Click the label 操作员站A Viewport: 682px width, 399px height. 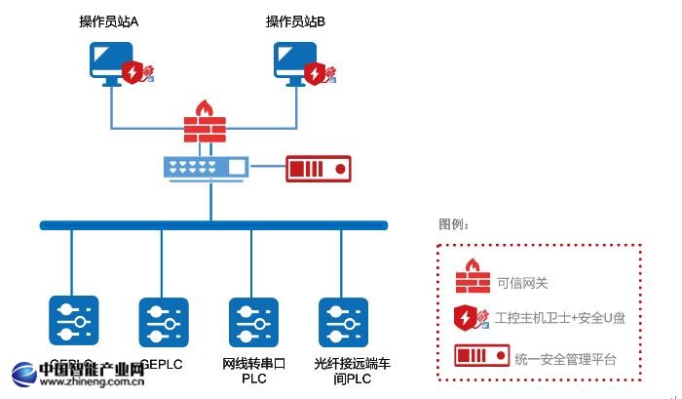[x=109, y=21]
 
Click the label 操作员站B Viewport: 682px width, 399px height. [x=296, y=21]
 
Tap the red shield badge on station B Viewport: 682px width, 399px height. [x=314, y=72]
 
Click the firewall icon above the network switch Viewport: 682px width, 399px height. [x=205, y=122]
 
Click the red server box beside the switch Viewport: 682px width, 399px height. [x=318, y=168]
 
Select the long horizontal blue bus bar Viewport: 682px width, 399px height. [x=213, y=225]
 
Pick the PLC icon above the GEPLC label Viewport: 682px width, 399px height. [x=164, y=323]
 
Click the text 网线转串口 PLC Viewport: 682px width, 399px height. [x=254, y=372]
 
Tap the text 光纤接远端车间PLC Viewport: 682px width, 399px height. [x=352, y=372]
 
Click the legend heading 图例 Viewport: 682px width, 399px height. [x=454, y=224]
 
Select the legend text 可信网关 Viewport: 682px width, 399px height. [x=522, y=284]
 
